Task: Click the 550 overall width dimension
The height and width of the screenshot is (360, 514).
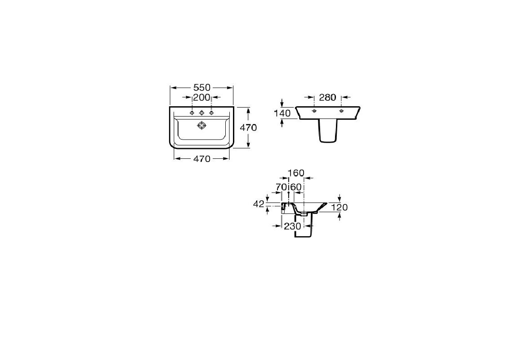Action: tap(201, 88)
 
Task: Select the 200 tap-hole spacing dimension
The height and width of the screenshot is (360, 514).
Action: tap(201, 97)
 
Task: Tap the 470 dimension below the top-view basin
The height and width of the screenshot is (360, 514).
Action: tap(201, 159)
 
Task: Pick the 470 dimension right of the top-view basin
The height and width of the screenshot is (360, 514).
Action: tap(248, 128)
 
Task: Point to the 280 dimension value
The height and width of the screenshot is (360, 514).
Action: tap(327, 98)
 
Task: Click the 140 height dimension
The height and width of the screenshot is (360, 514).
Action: tap(282, 113)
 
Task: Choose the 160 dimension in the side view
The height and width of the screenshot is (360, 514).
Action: tap(296, 173)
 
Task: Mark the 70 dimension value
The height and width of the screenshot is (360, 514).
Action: tap(281, 187)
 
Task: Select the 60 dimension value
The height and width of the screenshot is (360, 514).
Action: tap(296, 187)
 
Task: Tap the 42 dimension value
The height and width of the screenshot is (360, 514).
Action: tap(259, 204)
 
